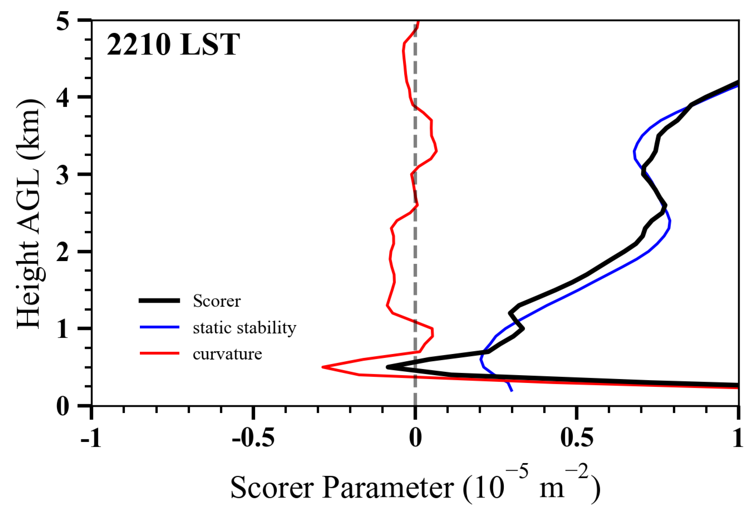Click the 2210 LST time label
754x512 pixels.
[x=173, y=45]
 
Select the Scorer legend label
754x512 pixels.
[x=217, y=301]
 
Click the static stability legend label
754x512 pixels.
[x=244, y=328]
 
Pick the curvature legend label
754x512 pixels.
[x=227, y=354]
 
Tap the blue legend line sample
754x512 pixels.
[x=159, y=327]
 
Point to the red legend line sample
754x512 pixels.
[x=159, y=353]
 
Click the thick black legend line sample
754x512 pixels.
[x=159, y=301]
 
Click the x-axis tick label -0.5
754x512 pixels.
[x=253, y=439]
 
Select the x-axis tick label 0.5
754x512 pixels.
[x=576, y=439]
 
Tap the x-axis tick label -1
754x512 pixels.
[x=91, y=439]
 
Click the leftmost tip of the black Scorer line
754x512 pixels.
[x=388, y=367]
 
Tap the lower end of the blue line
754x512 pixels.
[x=512, y=391]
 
